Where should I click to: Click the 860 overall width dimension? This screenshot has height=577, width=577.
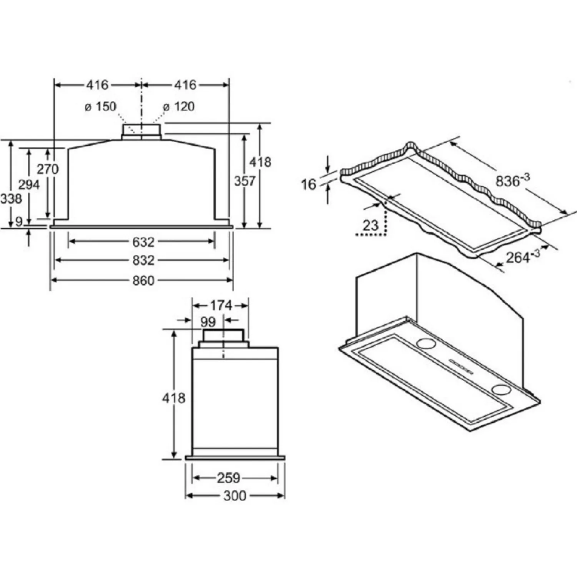pyautogui.click(x=143, y=281)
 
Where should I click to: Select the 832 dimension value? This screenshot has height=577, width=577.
pyautogui.click(x=143, y=260)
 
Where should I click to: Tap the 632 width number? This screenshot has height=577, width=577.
pyautogui.click(x=143, y=242)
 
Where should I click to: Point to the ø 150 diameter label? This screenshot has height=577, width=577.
pyautogui.click(x=101, y=107)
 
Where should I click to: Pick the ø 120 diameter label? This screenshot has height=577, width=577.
pyautogui.click(x=179, y=107)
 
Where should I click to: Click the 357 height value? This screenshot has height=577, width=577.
pyautogui.click(x=245, y=181)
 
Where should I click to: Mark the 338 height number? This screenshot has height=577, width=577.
pyautogui.click(x=11, y=199)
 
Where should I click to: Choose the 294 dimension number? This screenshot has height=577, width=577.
pyautogui.click(x=29, y=185)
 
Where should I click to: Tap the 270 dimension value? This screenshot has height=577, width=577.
pyautogui.click(x=48, y=169)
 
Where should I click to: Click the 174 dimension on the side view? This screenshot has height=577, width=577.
pyautogui.click(x=221, y=306)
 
